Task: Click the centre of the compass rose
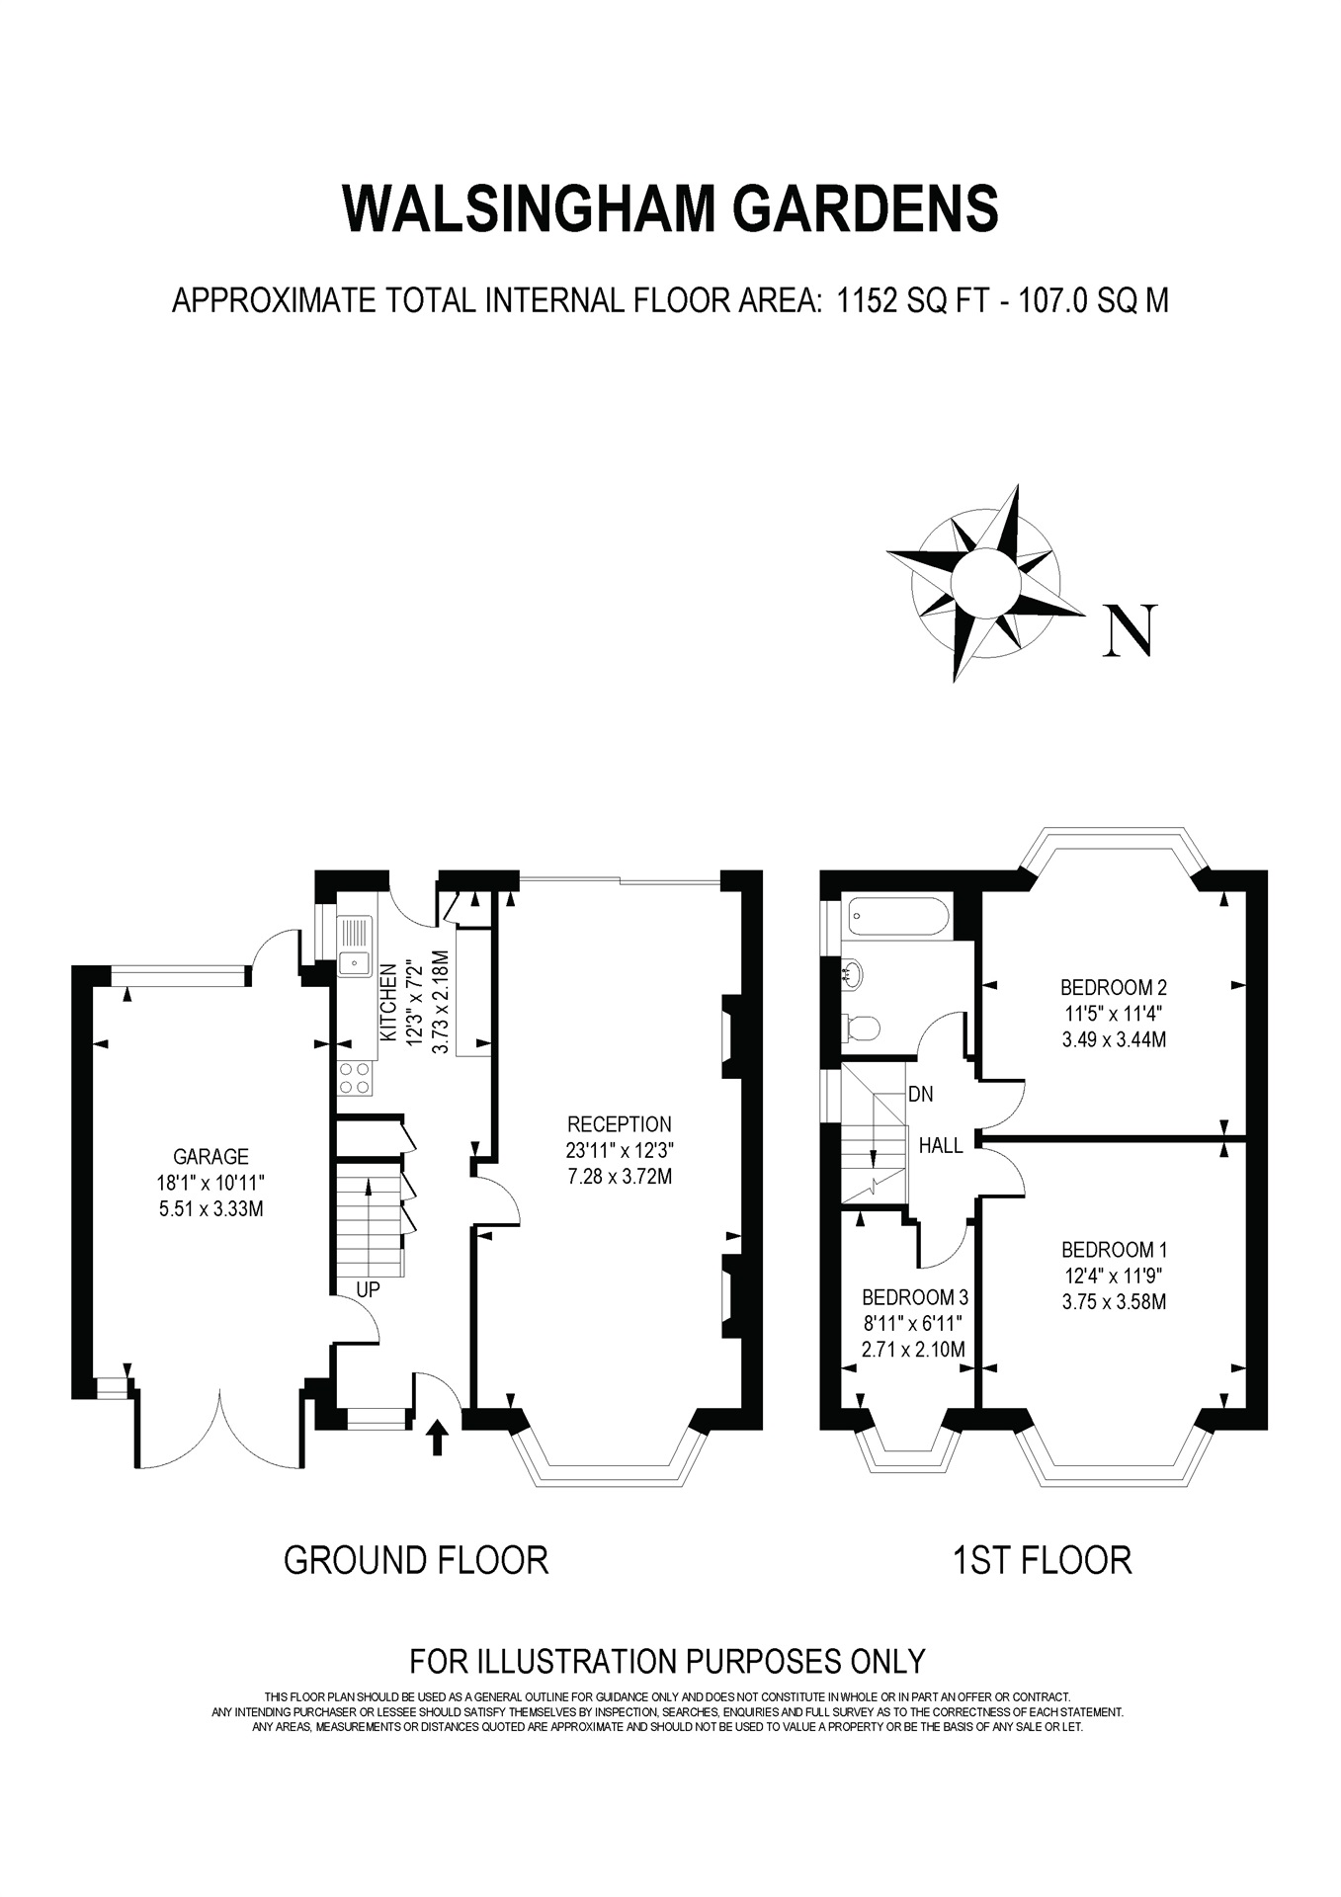(x=985, y=583)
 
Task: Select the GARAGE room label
(x=210, y=1156)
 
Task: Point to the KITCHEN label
(x=388, y=1003)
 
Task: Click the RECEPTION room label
(x=620, y=1123)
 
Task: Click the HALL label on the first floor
(x=941, y=1146)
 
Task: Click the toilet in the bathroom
(x=862, y=1029)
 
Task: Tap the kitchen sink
(x=354, y=947)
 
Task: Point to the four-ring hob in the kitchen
(x=356, y=1077)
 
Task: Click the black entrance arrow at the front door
(x=438, y=1437)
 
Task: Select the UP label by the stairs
(x=368, y=1288)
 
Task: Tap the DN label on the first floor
(x=920, y=1094)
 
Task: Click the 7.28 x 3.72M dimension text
(x=620, y=1177)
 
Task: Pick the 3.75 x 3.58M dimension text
(x=1114, y=1301)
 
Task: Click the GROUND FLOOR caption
(x=415, y=1560)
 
